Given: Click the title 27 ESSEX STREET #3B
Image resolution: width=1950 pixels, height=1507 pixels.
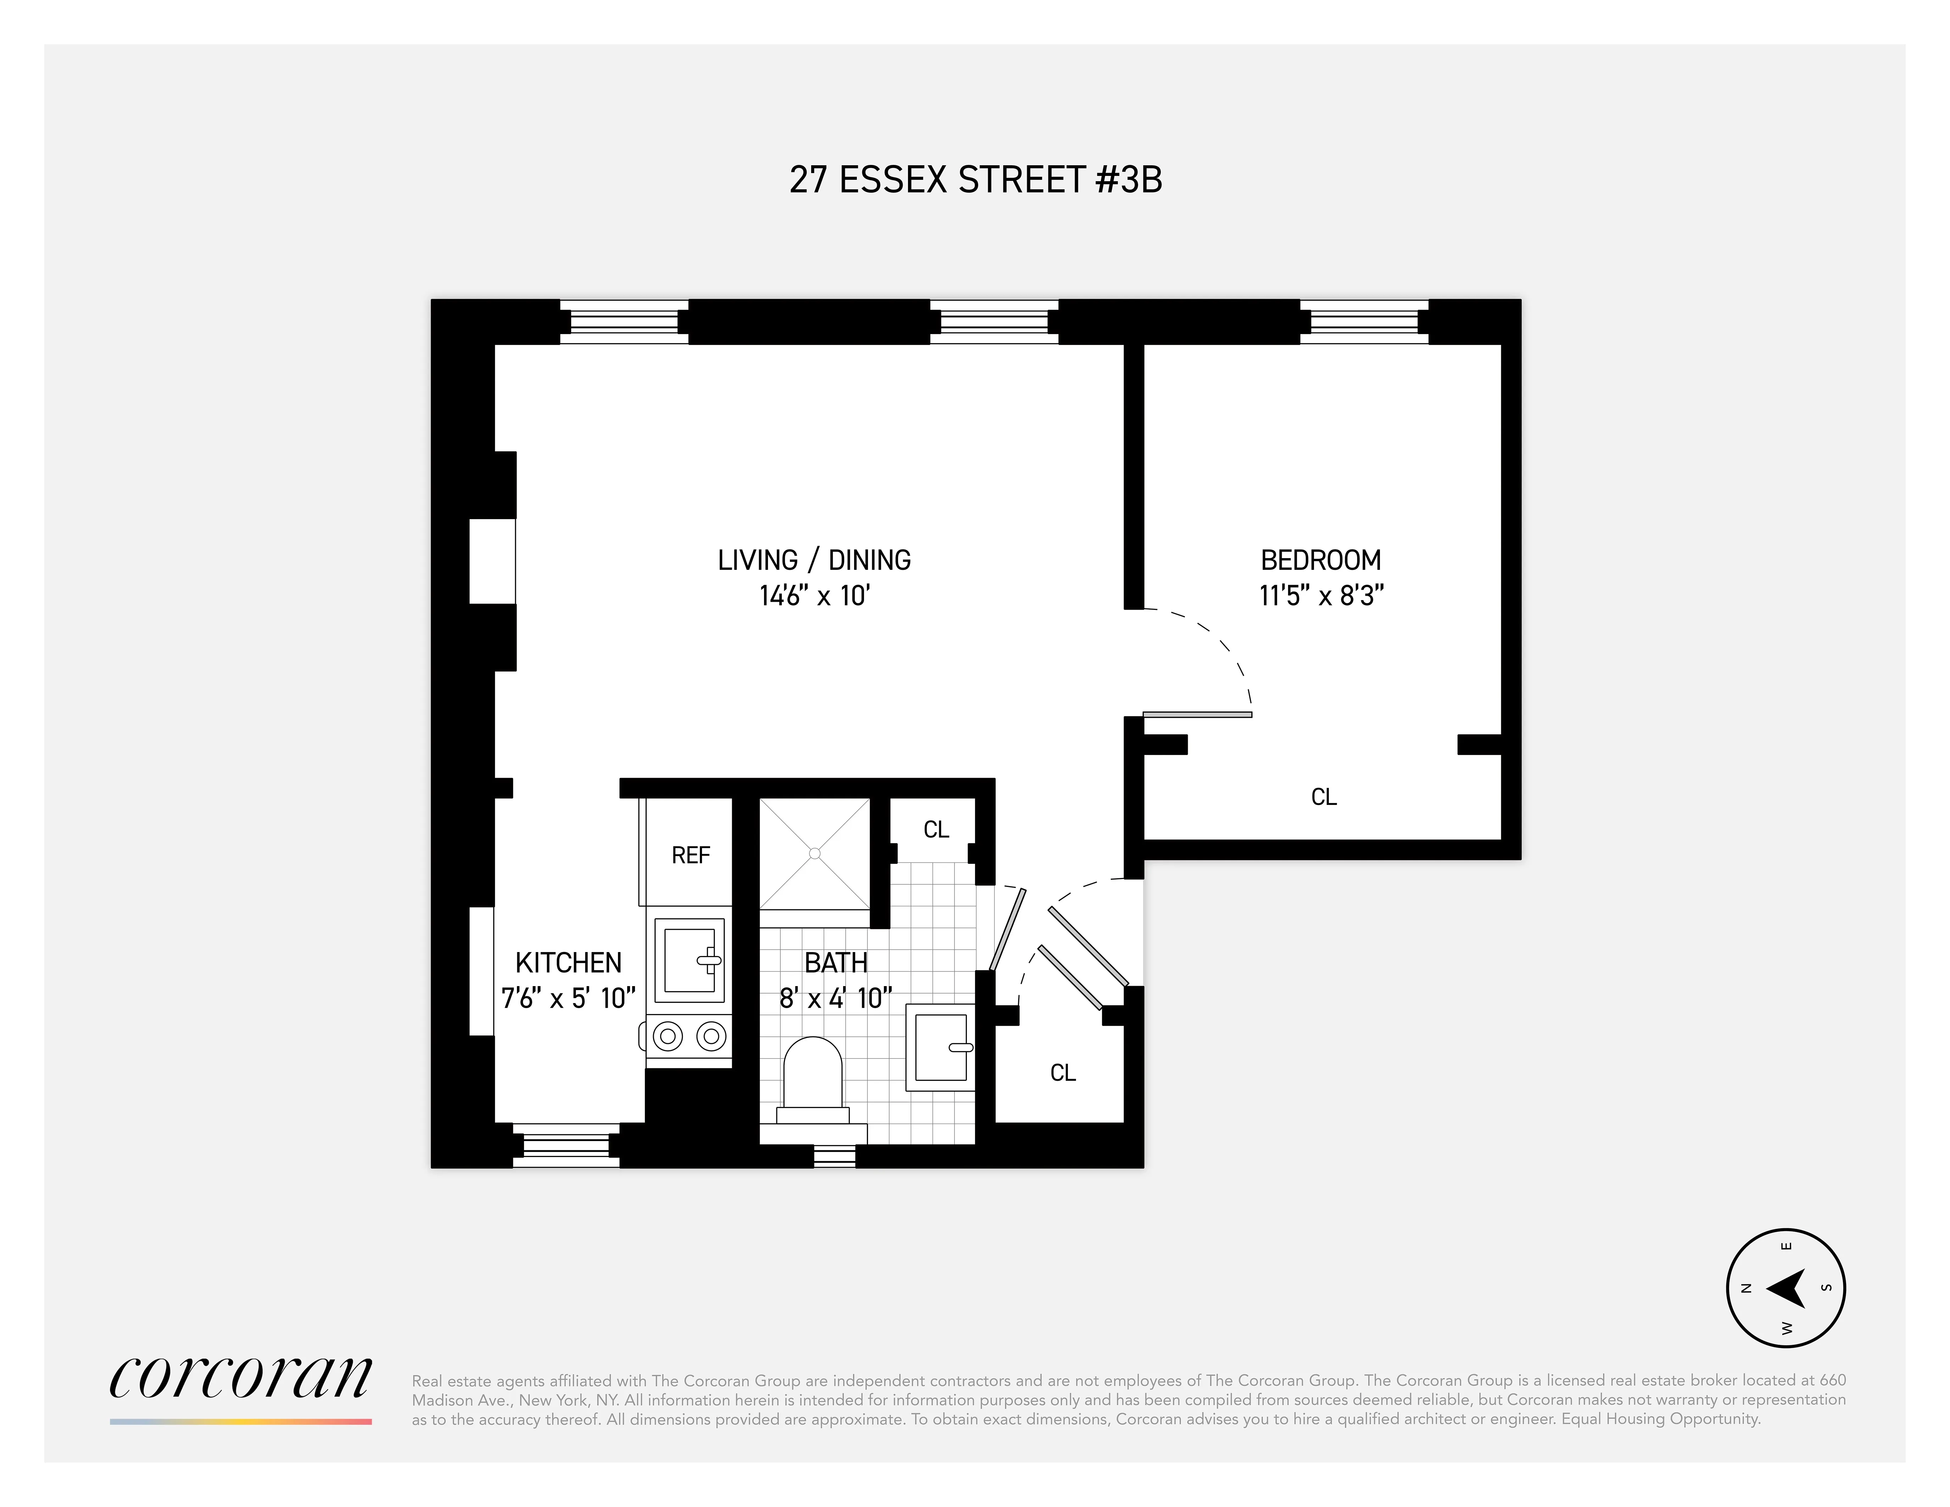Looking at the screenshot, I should click(975, 179).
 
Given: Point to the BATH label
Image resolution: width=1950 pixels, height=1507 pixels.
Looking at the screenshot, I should click(836, 962).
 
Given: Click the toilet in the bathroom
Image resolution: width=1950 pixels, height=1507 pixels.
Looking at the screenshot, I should click(813, 1080).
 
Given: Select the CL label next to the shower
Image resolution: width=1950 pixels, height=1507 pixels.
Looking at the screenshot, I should click(936, 829).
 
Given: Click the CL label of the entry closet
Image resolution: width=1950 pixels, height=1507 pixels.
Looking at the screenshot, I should click(1063, 1072).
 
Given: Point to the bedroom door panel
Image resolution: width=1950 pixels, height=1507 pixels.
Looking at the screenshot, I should click(1197, 714).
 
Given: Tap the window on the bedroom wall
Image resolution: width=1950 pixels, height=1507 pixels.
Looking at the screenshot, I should click(1363, 322).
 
